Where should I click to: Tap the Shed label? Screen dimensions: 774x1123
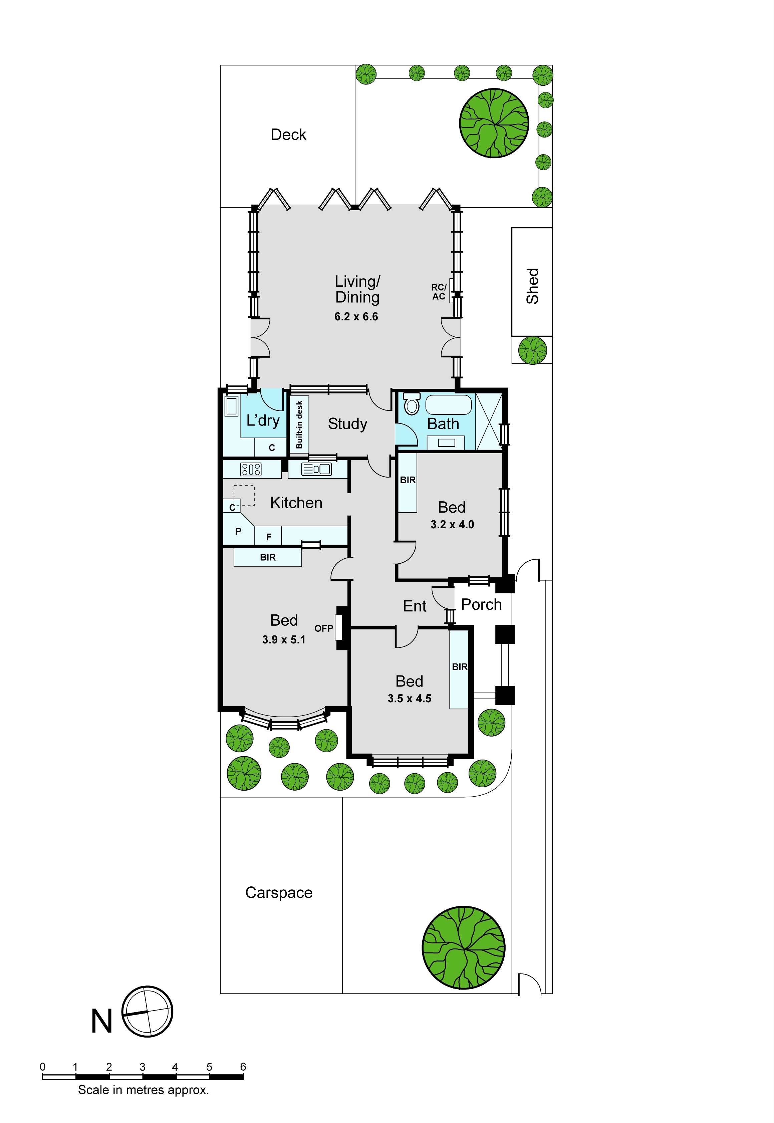[x=532, y=286]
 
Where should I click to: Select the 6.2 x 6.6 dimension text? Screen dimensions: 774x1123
[x=356, y=317]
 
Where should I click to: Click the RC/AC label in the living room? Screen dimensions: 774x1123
[x=439, y=292]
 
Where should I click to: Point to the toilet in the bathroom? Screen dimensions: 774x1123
[x=411, y=403]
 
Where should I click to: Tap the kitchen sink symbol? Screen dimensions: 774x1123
[x=316, y=469]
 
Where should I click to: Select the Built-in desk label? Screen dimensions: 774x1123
[x=299, y=424]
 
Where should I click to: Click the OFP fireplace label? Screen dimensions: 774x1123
[x=323, y=628]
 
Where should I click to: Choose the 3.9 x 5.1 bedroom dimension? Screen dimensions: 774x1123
[x=284, y=639]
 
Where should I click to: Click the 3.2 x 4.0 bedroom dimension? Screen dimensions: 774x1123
[x=452, y=524]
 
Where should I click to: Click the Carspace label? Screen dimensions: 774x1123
[x=279, y=893]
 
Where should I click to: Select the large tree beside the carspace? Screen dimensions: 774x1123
[x=464, y=947]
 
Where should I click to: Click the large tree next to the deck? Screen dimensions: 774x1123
[x=494, y=123]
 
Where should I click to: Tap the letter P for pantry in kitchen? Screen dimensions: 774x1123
[x=238, y=531]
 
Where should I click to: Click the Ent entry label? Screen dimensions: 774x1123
[x=415, y=606]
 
